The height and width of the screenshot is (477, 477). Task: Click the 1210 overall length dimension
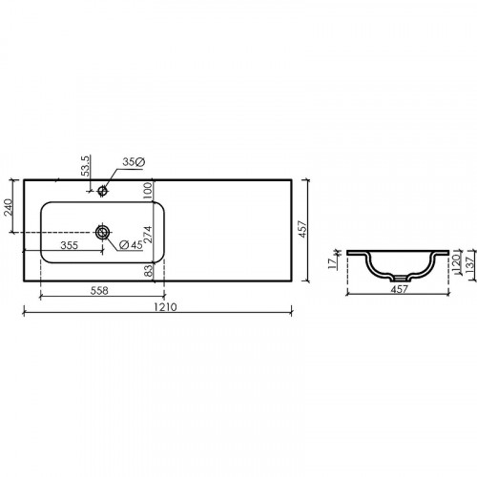(165, 307)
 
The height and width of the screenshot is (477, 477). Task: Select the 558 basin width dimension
(99, 290)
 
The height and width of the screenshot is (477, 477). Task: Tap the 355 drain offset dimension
(69, 245)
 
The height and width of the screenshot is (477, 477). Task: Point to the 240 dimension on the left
(8, 207)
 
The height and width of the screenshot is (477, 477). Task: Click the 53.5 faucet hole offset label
(86, 166)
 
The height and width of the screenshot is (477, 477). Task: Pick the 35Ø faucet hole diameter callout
(134, 162)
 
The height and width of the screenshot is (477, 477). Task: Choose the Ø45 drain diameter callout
(131, 244)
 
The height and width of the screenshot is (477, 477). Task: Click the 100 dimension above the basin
(148, 191)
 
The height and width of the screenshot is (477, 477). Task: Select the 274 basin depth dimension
(148, 235)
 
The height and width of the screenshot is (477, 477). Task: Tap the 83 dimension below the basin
(149, 271)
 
